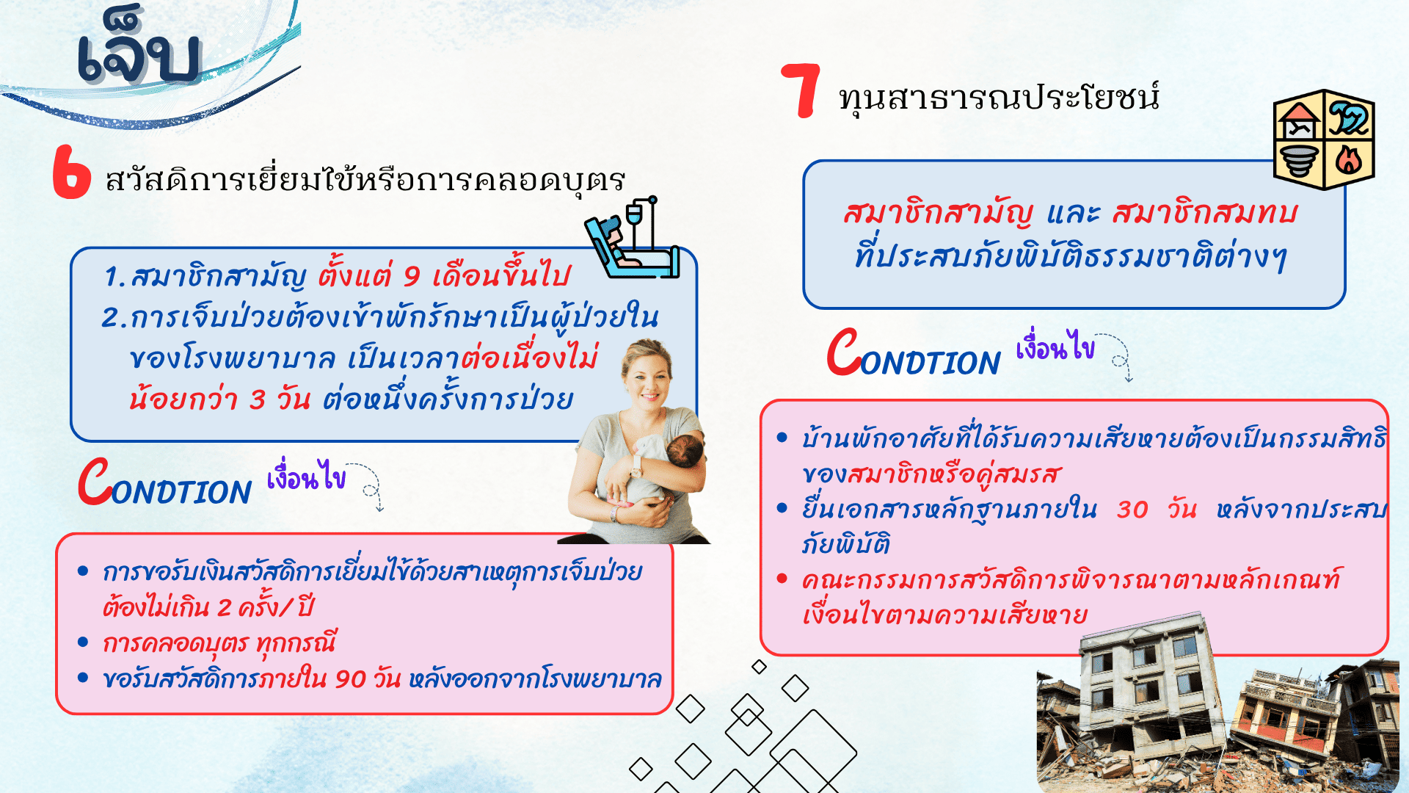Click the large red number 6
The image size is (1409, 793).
[71, 172]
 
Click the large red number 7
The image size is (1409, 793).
[801, 90]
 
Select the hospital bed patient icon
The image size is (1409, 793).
[632, 238]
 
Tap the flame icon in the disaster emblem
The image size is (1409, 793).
[1349, 159]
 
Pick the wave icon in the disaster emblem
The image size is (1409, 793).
[1349, 117]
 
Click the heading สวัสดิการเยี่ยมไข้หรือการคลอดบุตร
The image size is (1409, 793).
[365, 180]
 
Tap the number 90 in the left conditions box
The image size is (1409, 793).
[350, 678]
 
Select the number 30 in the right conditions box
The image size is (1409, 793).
[1132, 509]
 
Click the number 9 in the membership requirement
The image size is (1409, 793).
[412, 277]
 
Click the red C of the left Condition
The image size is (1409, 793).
[95, 481]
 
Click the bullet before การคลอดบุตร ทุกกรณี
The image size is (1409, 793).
[83, 642]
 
